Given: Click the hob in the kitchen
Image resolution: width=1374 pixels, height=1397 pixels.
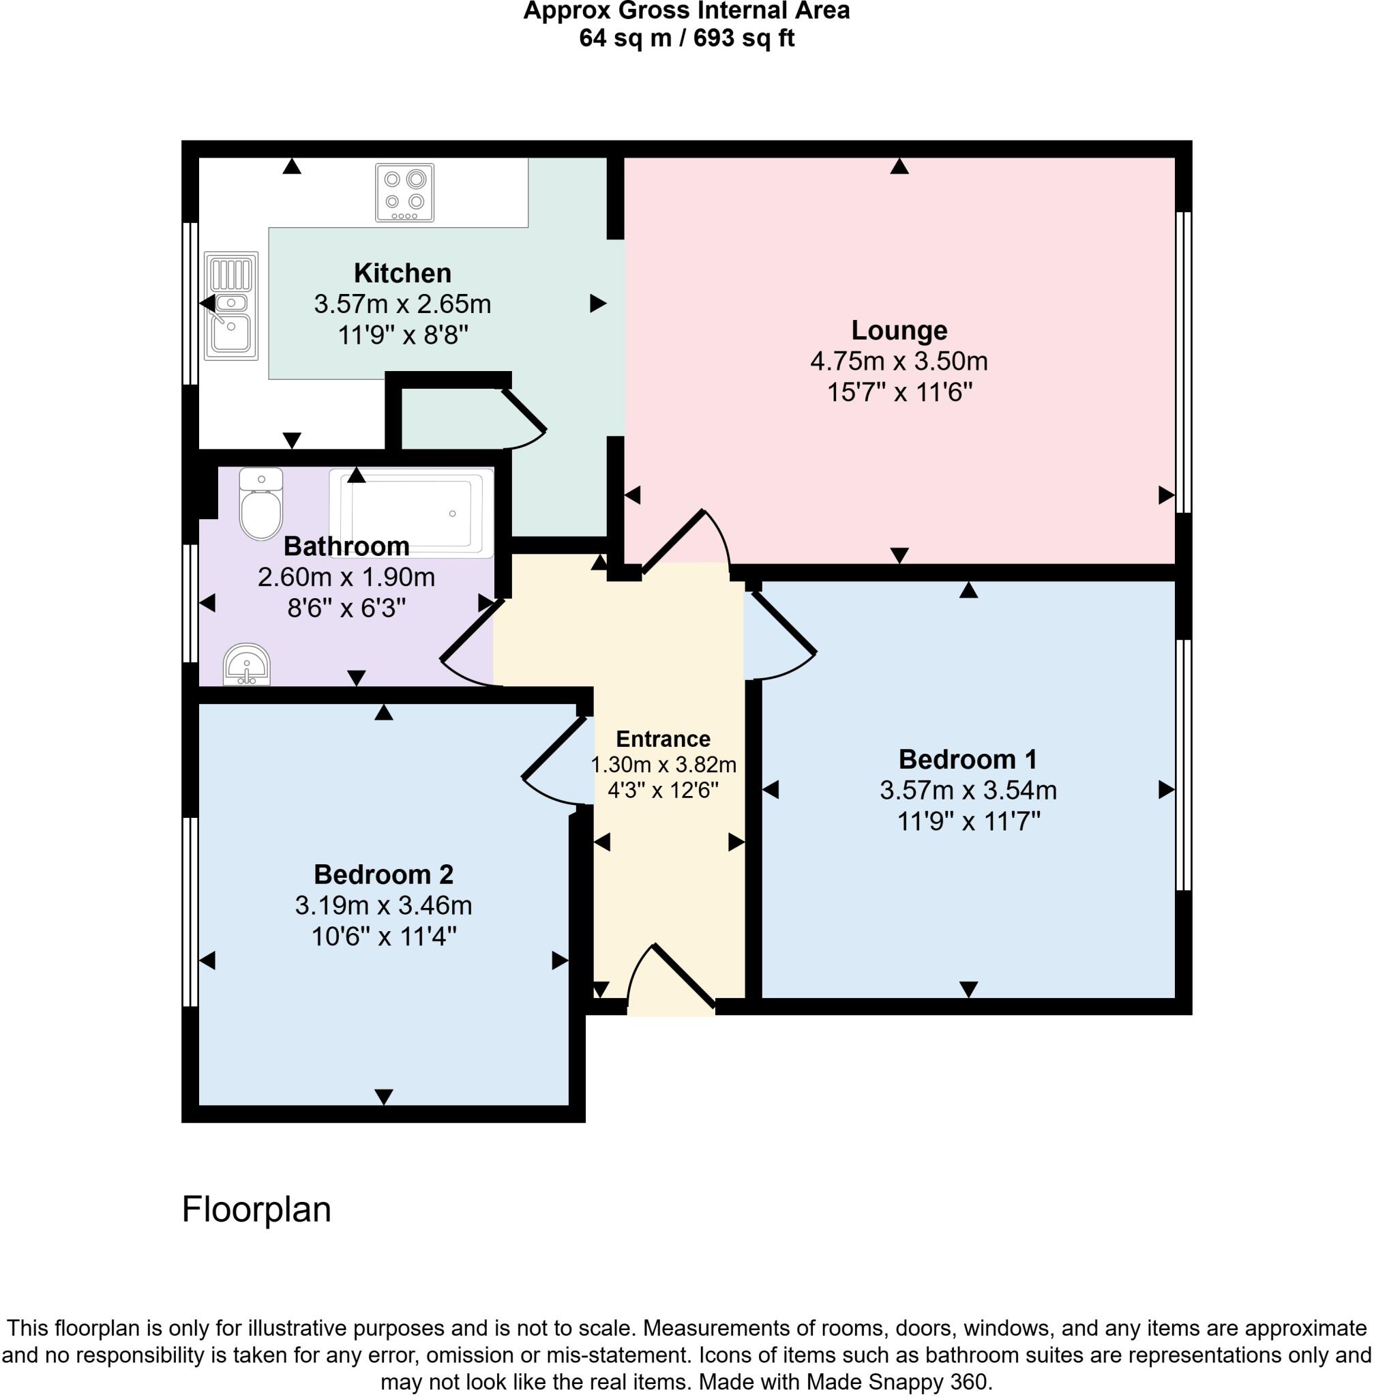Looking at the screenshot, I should [x=404, y=192].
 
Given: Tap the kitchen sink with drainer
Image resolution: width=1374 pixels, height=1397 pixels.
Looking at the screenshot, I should [x=231, y=306].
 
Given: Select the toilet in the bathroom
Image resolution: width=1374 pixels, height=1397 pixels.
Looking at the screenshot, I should [x=260, y=503].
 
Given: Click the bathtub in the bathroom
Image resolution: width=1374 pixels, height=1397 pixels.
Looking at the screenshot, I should [x=410, y=512].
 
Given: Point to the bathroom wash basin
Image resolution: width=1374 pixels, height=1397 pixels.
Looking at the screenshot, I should [x=247, y=665].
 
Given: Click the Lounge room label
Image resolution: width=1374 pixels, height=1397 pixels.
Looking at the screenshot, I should [x=899, y=330].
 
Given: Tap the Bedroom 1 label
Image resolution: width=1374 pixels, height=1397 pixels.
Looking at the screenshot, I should [x=967, y=759].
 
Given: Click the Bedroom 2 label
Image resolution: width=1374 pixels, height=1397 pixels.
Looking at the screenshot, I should [x=383, y=874].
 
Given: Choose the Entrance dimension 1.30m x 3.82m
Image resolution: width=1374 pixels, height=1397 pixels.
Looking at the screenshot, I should [x=663, y=764].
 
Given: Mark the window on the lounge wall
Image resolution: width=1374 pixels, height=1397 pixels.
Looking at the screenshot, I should [x=1184, y=361].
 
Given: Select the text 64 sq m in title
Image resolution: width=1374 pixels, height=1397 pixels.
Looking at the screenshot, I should [x=625, y=38].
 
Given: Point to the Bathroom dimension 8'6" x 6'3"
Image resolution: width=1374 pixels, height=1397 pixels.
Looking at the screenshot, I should [x=346, y=608].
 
